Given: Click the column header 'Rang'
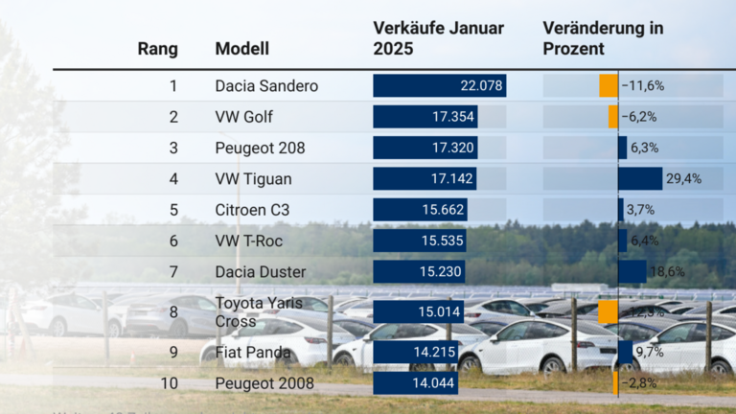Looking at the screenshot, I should (x=157, y=49).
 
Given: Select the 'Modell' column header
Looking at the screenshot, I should (x=241, y=49).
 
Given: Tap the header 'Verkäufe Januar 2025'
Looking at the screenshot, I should (x=438, y=38).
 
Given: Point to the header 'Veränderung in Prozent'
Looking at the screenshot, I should (x=603, y=38).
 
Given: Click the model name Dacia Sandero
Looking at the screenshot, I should (x=266, y=85).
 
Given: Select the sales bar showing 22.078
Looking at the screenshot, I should (x=439, y=85).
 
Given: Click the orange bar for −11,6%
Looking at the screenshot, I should (x=609, y=85).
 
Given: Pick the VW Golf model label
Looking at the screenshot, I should (x=244, y=117).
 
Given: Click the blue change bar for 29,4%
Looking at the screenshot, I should (x=640, y=178).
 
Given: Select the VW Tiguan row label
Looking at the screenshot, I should (x=253, y=178).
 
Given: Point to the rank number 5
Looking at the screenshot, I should (x=173, y=210).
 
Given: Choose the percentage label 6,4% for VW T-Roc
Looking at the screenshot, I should (x=645, y=241).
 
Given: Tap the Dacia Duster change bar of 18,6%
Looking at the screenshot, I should (x=632, y=271).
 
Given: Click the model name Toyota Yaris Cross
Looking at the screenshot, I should (x=259, y=311).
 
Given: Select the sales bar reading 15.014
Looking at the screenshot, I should (x=418, y=311).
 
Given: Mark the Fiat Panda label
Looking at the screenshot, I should (x=252, y=352).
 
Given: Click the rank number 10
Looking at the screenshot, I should (x=170, y=383).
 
